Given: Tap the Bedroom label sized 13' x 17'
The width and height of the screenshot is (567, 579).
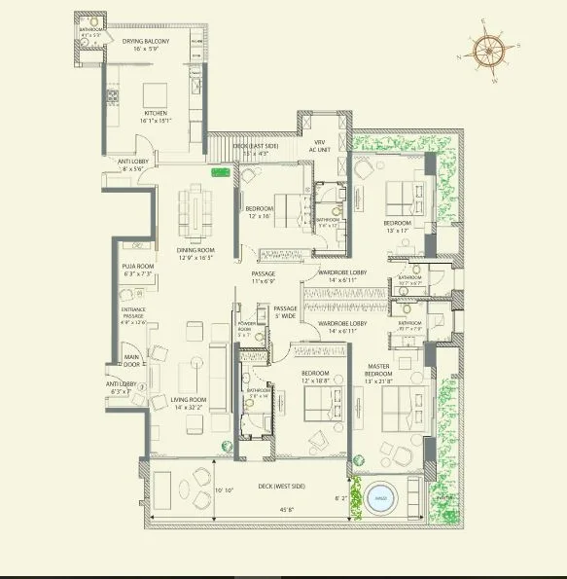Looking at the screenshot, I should click(397, 227).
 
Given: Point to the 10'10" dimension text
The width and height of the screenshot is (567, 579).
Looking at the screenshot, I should click(226, 489).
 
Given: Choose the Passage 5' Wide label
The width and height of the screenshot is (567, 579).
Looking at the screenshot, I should click(285, 311).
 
